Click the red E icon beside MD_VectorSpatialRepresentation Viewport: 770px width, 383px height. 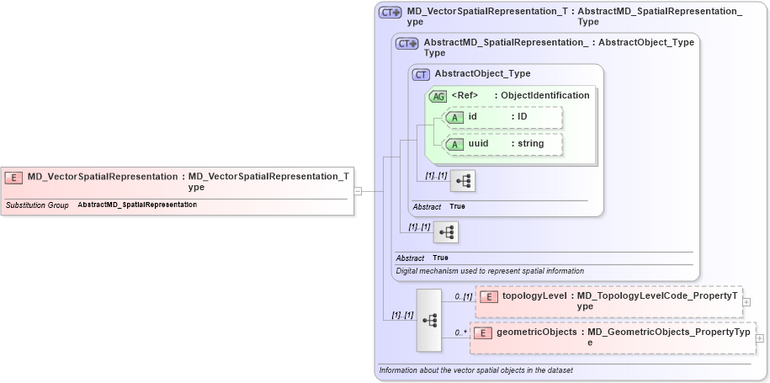[x=14, y=177]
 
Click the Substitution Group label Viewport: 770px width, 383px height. [x=37, y=205]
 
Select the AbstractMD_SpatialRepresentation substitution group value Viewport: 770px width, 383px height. [x=137, y=205]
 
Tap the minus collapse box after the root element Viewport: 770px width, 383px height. [x=358, y=191]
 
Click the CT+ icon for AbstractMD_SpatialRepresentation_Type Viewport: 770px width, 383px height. [x=407, y=44]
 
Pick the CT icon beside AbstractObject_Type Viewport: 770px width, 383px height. [x=421, y=75]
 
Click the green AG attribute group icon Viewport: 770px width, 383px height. [x=438, y=96]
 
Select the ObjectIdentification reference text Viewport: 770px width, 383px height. [x=545, y=96]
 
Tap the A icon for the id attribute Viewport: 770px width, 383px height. [x=455, y=117]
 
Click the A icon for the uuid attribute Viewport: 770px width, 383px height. [x=455, y=144]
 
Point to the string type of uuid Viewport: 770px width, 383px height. [x=531, y=144]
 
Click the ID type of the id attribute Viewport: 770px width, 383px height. [x=523, y=117]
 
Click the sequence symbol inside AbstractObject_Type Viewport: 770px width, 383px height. [x=463, y=180]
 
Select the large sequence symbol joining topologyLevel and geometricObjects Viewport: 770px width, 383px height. [x=428, y=320]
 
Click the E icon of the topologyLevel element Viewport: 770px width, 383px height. [x=489, y=296]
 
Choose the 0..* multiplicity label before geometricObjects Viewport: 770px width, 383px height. [x=460, y=333]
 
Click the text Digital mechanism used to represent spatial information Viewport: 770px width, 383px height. [x=490, y=271]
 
